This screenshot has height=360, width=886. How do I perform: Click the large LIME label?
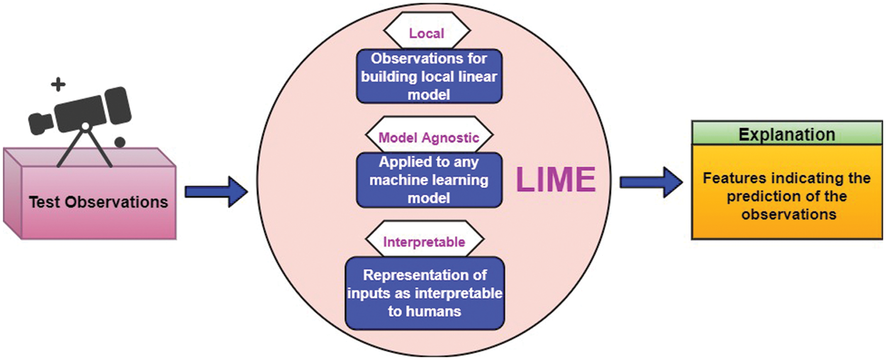(555, 179)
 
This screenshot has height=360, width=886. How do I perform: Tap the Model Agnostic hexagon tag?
(429, 138)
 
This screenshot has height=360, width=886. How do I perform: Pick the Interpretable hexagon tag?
(424, 242)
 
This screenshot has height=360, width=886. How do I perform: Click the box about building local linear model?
(429, 76)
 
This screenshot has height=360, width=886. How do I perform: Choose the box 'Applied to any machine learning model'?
(429, 180)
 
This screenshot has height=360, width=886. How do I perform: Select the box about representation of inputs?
(424, 293)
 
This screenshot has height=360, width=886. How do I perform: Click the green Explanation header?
(787, 134)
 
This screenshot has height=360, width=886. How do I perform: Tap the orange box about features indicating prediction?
(787, 196)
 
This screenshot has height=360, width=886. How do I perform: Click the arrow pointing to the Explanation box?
(651, 182)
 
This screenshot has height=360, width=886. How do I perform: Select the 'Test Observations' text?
(98, 202)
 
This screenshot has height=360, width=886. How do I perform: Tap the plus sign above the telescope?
(58, 85)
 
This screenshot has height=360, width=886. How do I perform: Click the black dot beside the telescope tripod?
(119, 142)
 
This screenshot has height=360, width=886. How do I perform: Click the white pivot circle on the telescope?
(86, 126)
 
